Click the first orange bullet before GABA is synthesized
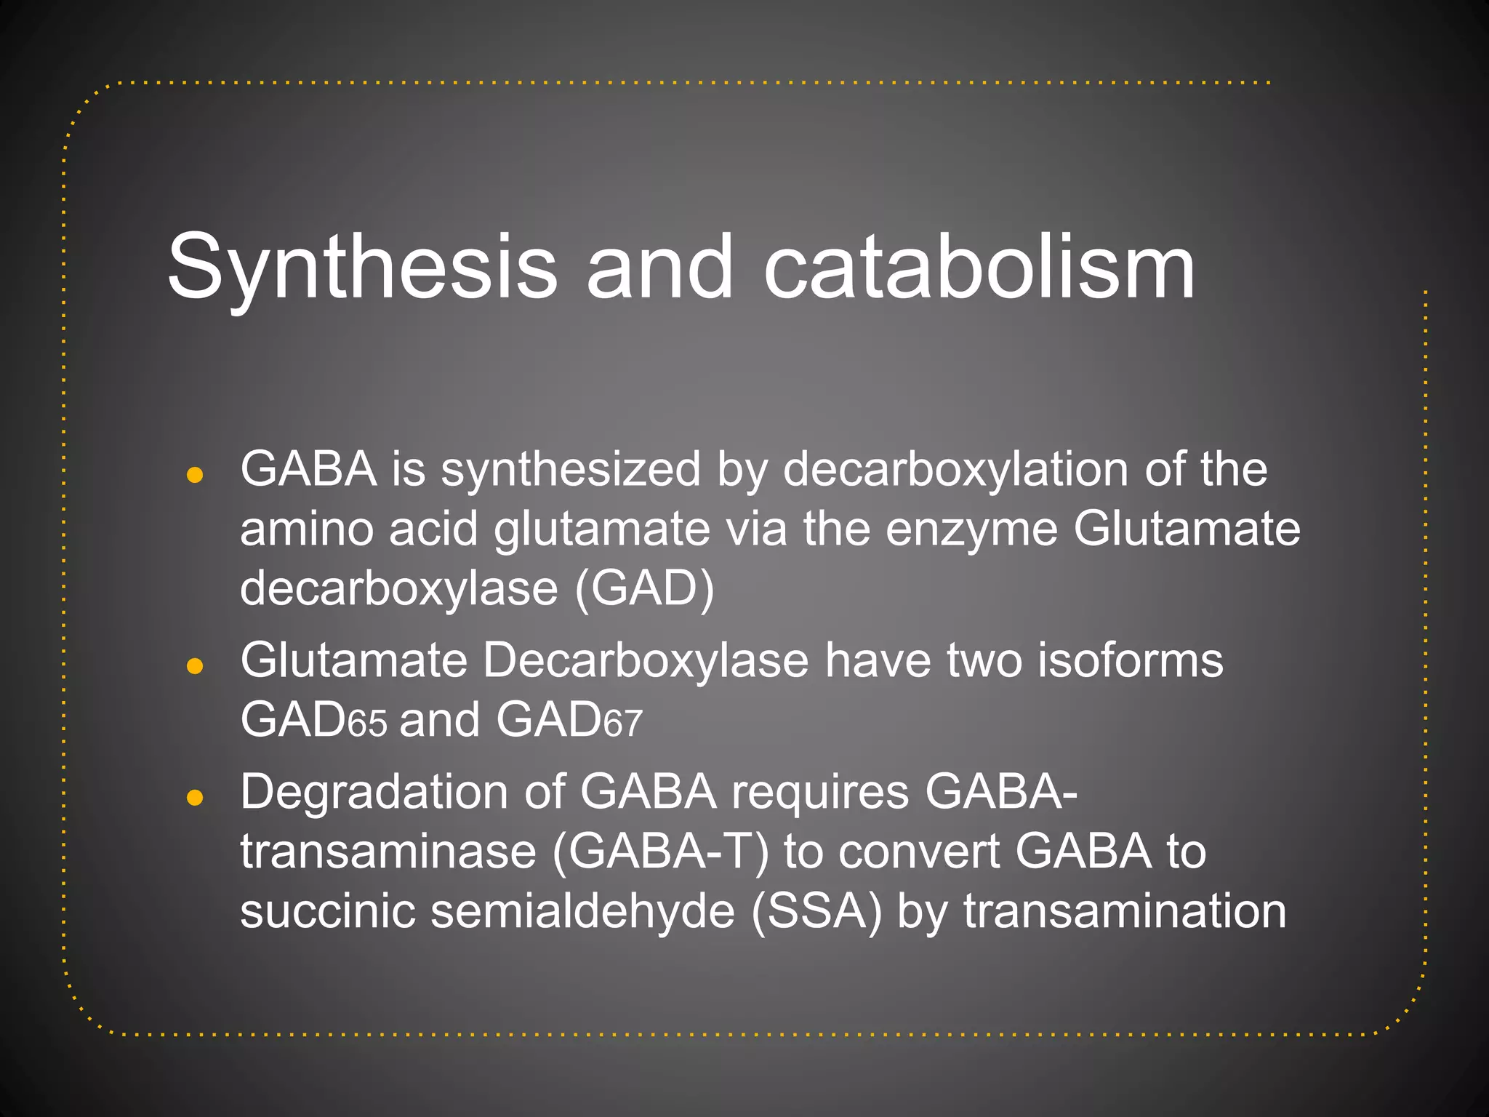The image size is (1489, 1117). click(194, 476)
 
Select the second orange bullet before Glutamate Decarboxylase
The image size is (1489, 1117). click(194, 666)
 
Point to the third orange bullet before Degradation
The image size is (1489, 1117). click(194, 798)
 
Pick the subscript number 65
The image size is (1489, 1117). click(368, 725)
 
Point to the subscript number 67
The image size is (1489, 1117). click(623, 725)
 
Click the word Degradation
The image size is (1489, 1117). click(374, 792)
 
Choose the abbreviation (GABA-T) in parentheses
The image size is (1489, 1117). click(660, 852)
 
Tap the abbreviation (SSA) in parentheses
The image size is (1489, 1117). click(816, 911)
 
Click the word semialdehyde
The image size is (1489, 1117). click(582, 911)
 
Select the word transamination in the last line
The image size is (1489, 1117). click(1125, 911)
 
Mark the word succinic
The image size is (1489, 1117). click(328, 911)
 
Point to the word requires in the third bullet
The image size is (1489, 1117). click(820, 792)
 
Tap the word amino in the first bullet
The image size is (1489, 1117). click(308, 529)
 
